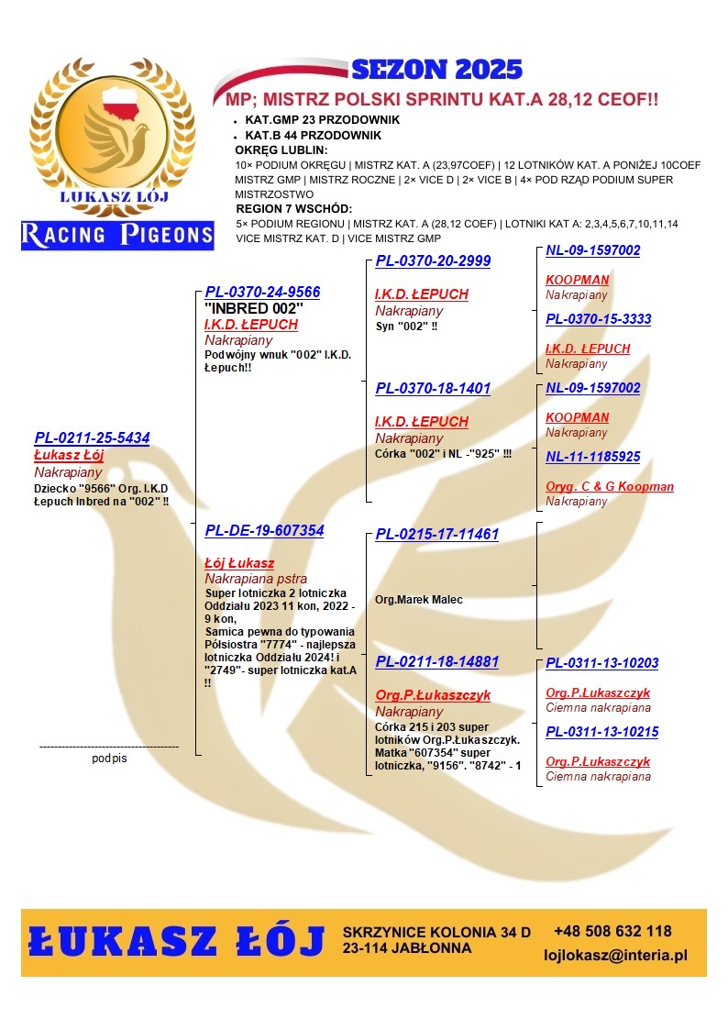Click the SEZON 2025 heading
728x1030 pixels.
tap(436, 70)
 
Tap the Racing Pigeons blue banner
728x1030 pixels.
tap(117, 235)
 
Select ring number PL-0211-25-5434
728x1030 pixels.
tap(92, 437)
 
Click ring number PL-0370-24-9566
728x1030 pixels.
tap(262, 292)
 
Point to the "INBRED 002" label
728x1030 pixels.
tap(254, 308)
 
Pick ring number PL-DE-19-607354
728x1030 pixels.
tap(264, 530)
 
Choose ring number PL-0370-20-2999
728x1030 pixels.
tap(433, 260)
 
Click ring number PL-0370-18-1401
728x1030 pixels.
tap(433, 388)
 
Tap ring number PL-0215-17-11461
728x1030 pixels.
tap(436, 534)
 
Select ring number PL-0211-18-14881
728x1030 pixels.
tap(436, 661)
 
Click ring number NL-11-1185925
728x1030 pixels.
tap(592, 457)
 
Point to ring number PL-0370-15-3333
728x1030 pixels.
tap(598, 319)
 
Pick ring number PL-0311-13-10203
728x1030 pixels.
tap(601, 663)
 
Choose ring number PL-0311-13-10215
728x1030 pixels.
tap(601, 732)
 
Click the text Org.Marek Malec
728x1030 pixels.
tap(419, 600)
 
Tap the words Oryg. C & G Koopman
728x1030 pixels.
tap(609, 487)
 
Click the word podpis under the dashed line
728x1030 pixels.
tap(109, 759)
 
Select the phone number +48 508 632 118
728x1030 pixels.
tap(612, 931)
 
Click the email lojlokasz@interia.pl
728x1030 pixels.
tap(615, 956)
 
